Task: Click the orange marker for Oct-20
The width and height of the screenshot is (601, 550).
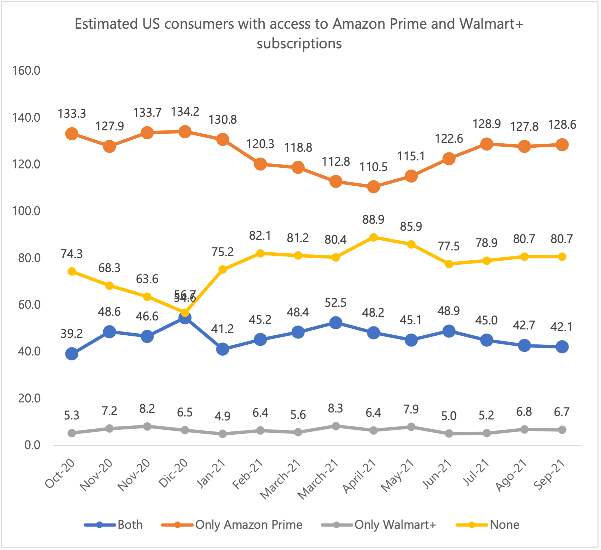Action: [x=72, y=134]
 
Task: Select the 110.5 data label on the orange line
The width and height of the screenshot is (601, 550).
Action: [x=373, y=167]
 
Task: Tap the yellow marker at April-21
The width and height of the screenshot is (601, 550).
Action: [x=373, y=237]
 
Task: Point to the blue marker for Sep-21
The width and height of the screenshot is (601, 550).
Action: [x=562, y=347]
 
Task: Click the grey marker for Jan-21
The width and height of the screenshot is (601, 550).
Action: [x=223, y=434]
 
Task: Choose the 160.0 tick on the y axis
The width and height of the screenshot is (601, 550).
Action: [x=26, y=71]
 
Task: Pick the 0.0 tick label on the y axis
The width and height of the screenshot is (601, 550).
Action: [x=32, y=445]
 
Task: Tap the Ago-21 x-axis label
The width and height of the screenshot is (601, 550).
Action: [x=512, y=475]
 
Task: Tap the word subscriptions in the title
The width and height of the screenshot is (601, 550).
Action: [x=299, y=44]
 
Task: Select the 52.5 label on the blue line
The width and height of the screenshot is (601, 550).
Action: [x=336, y=303]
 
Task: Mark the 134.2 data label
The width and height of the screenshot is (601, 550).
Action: [x=185, y=111]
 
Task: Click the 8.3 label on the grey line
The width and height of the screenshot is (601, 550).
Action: [x=336, y=408]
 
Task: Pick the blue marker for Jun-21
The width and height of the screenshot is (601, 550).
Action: [x=449, y=331]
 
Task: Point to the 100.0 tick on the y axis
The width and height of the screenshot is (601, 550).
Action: [x=26, y=211]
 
